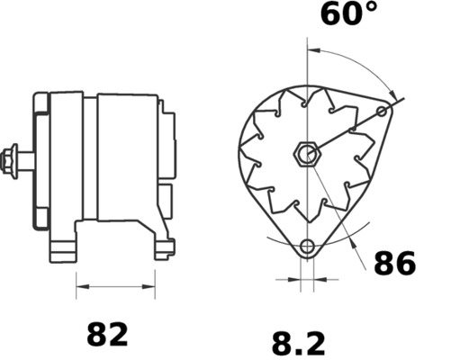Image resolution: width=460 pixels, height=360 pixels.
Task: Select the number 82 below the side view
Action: pyautogui.click(x=107, y=335)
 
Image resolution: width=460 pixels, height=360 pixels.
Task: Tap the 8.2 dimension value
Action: pyautogui.click(x=298, y=344)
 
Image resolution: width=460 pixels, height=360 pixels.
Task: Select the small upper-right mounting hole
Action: pyautogui.click(x=383, y=112)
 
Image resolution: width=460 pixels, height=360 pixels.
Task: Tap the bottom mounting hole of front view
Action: pyautogui.click(x=307, y=246)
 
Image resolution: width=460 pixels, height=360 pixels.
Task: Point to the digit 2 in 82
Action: pyautogui.click(x=119, y=335)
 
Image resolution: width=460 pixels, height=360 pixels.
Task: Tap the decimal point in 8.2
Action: pyautogui.click(x=298, y=353)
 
